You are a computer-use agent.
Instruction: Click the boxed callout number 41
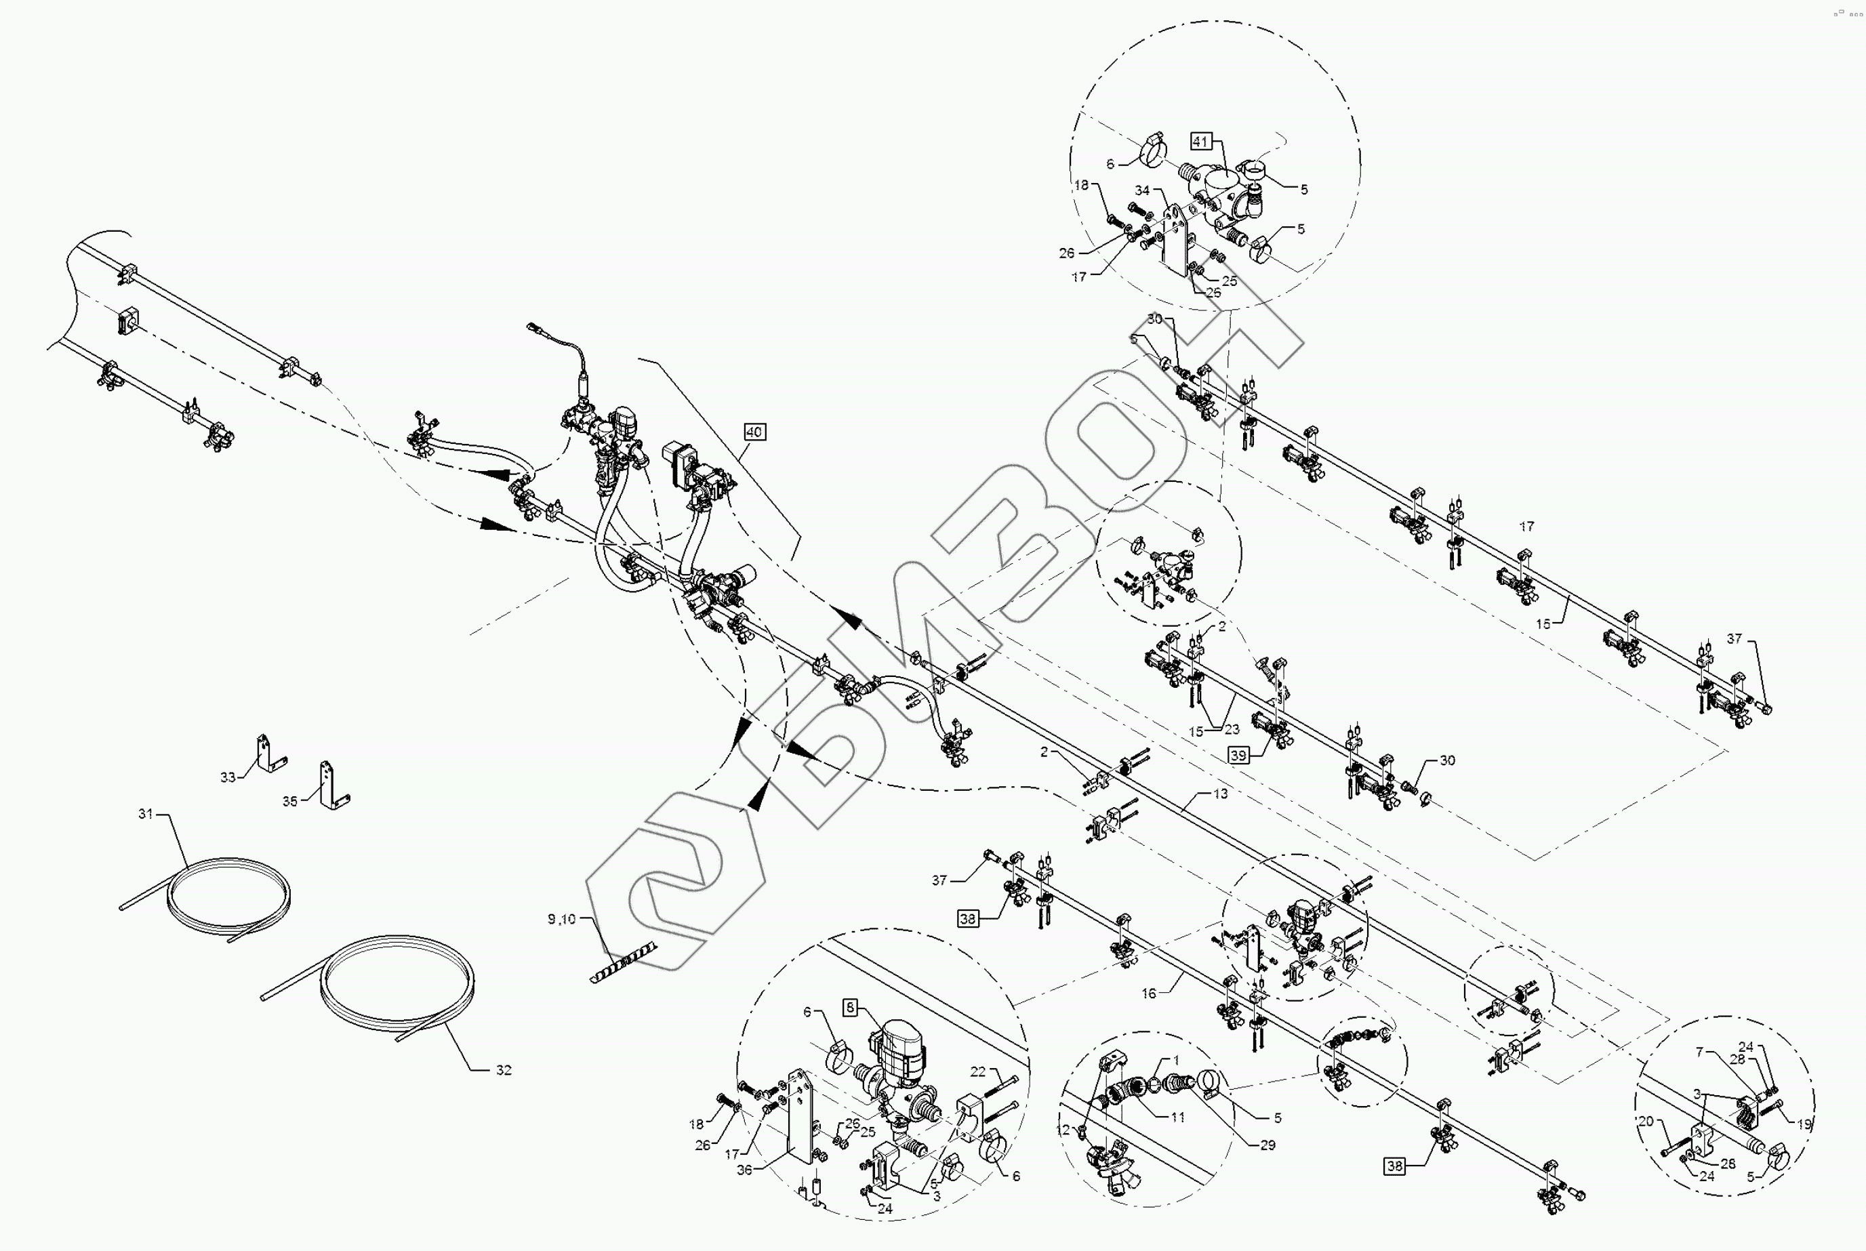click(1200, 141)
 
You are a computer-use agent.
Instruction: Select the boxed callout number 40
click(754, 432)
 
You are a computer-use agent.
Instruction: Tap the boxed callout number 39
click(1238, 756)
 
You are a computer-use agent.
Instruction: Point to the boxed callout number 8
click(850, 1008)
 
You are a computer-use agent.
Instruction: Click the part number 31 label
click(145, 814)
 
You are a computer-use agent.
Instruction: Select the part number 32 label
click(504, 1070)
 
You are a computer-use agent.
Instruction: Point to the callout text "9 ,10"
click(561, 919)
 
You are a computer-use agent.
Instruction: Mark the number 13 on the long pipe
click(1221, 794)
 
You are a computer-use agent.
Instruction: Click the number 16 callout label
click(1149, 993)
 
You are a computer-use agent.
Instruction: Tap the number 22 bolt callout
click(978, 1071)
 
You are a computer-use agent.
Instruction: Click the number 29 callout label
click(1267, 1145)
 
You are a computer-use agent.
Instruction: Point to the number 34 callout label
click(1142, 190)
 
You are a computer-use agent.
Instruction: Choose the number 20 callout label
click(1646, 1121)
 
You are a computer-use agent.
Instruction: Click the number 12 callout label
click(1063, 1130)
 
